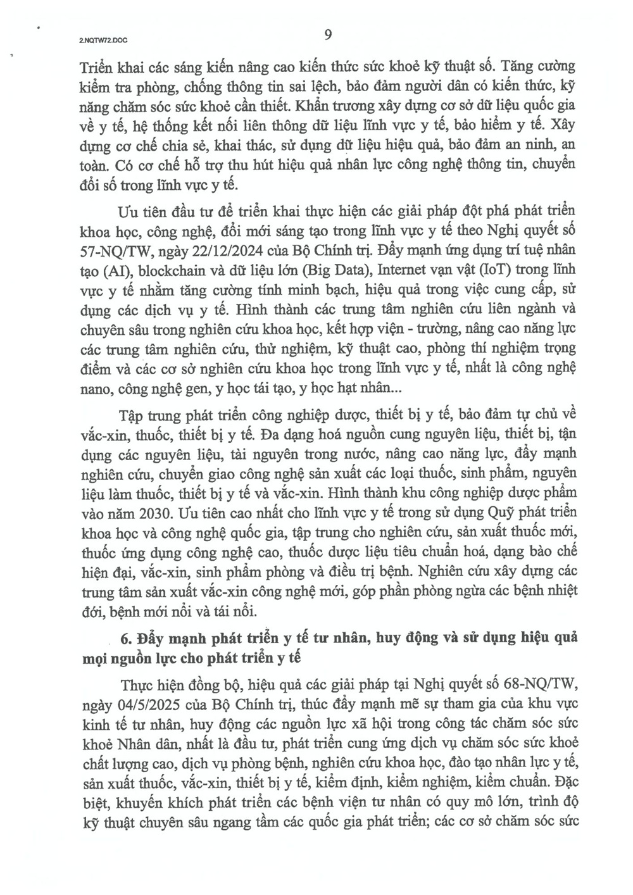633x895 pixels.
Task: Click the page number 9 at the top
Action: [327, 35]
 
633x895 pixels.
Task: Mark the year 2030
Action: [147, 512]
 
